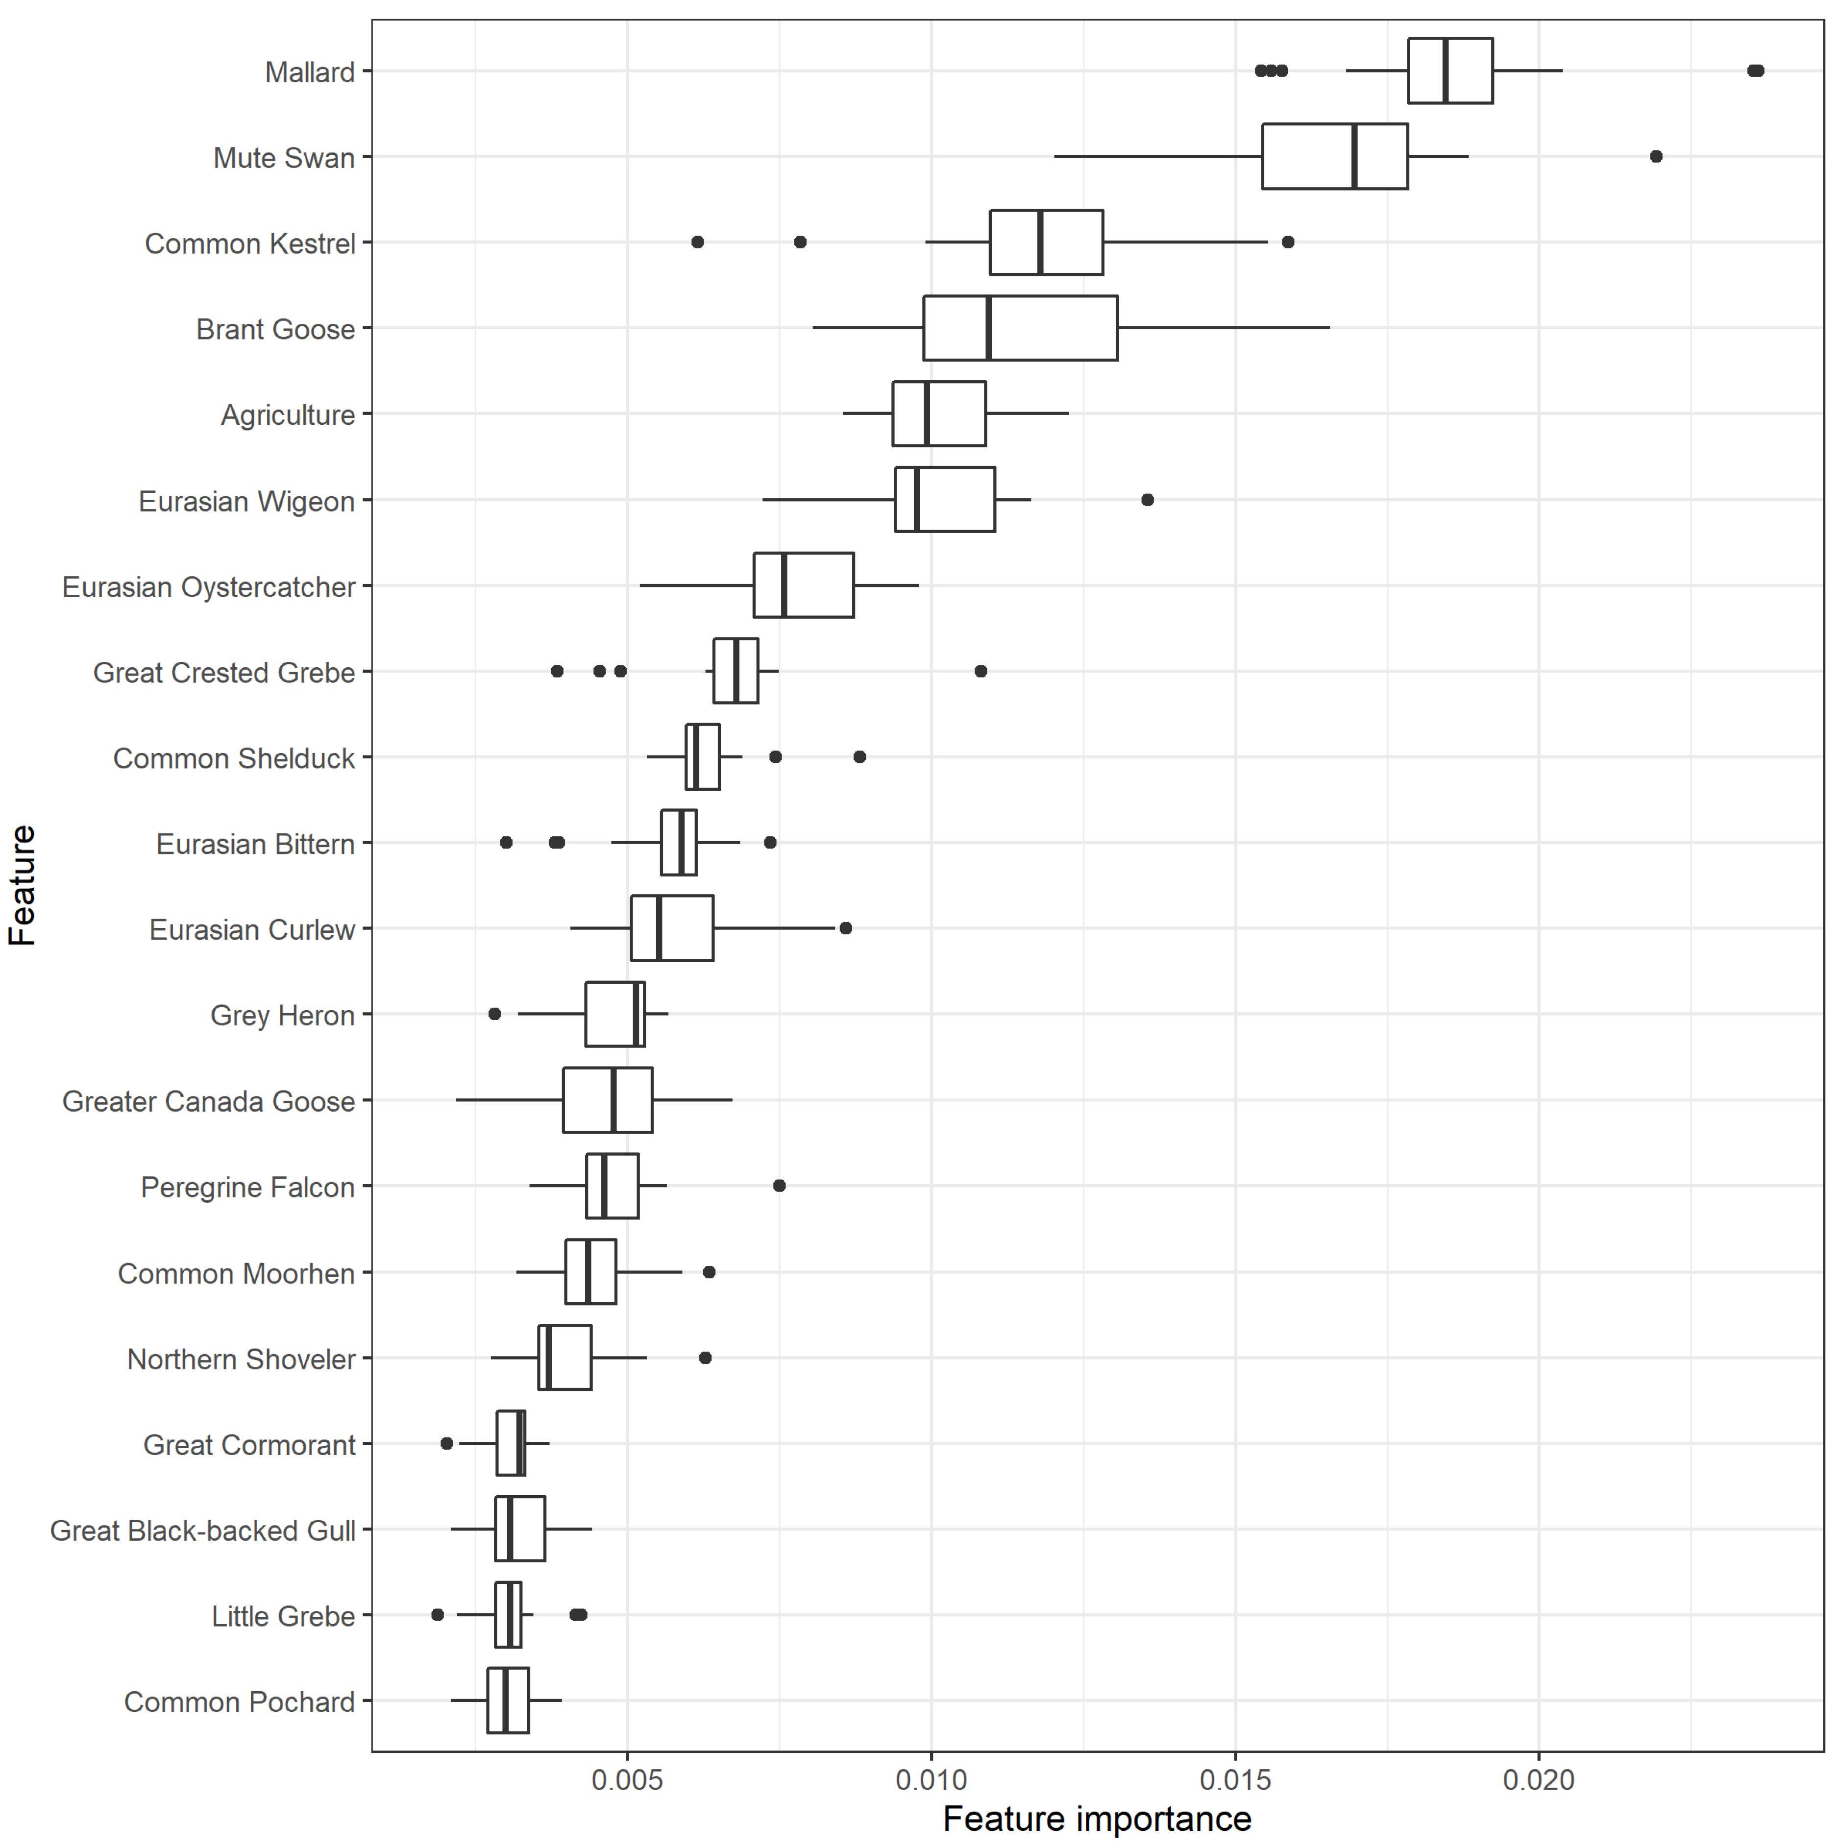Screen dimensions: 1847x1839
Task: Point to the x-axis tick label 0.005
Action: tap(626, 1780)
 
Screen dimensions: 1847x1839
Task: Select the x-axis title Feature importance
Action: tap(1097, 1819)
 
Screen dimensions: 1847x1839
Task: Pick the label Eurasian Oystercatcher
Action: tap(208, 587)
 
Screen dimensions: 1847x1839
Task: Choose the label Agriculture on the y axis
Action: tap(288, 415)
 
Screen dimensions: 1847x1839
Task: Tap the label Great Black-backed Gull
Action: tap(203, 1531)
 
